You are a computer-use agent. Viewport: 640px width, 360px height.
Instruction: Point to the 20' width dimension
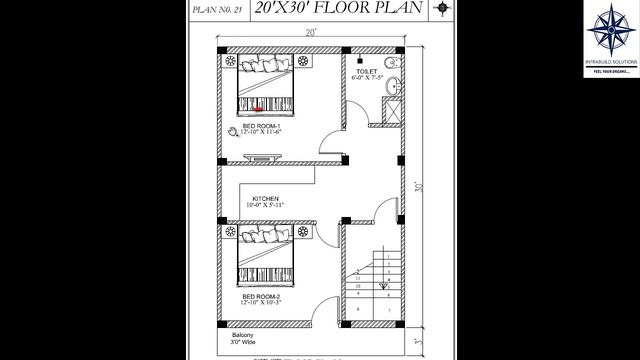(x=311, y=32)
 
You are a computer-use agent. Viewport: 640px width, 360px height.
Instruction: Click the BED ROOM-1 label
(x=263, y=126)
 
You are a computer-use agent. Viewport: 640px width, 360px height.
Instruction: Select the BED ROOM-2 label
(x=263, y=298)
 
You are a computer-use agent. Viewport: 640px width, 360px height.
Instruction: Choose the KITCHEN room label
(x=265, y=199)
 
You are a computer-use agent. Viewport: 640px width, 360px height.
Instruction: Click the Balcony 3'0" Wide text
(x=245, y=337)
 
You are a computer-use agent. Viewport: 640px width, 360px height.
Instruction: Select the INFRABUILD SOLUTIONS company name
(x=611, y=63)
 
